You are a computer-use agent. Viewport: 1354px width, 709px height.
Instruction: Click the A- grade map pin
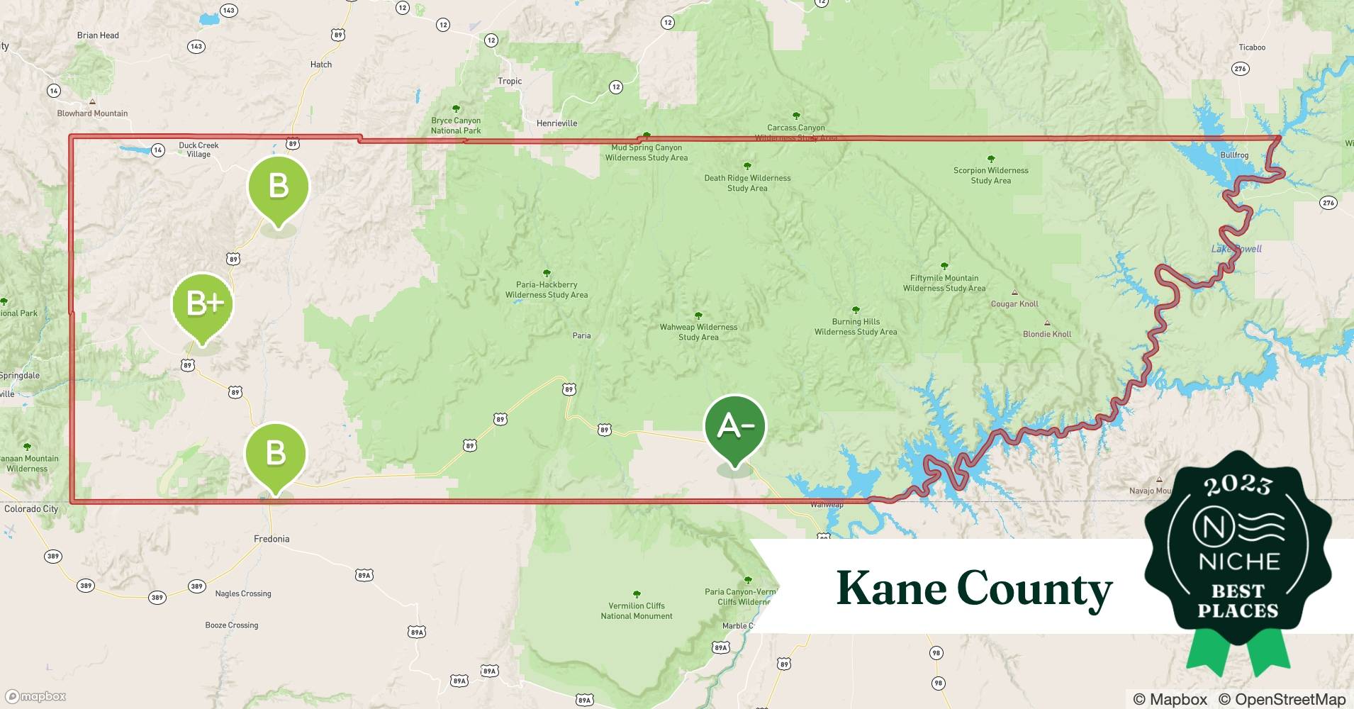tap(735, 427)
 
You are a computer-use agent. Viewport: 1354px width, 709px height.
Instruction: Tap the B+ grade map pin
tap(203, 305)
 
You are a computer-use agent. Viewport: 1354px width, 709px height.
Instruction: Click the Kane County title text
tap(974, 588)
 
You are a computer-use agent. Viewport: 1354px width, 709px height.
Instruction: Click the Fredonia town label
tap(272, 539)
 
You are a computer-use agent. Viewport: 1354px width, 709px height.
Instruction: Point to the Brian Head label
tap(98, 35)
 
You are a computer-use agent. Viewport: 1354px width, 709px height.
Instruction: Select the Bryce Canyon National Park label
tap(456, 125)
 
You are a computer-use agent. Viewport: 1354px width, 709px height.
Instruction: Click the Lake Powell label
tap(1236, 249)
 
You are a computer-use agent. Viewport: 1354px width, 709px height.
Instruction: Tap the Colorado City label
tap(31, 509)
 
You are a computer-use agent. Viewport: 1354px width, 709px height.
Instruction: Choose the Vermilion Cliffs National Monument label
tap(637, 610)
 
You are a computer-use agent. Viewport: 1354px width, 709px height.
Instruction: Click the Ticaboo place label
tap(1252, 48)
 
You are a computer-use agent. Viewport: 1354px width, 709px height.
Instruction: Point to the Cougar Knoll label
tap(1014, 304)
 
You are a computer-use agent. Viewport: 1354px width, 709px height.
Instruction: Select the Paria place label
tap(581, 335)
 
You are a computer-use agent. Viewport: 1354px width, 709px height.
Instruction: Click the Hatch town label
tap(321, 65)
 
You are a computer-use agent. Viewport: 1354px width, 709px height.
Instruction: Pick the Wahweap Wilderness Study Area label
tap(698, 332)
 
